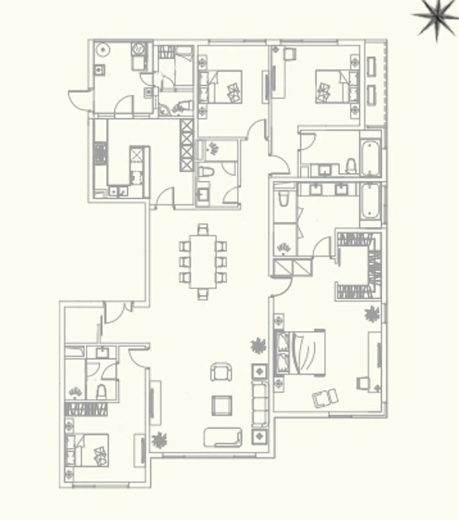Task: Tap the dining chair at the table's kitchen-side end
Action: point(203,229)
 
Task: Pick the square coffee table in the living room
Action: point(221,405)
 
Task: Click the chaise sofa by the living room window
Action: point(223,437)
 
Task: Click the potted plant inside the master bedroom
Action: point(371,315)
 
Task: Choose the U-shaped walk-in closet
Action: point(356,264)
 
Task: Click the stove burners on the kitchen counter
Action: point(100,153)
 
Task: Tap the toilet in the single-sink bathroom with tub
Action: point(351,165)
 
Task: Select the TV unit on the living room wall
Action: point(155,402)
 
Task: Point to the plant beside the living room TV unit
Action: point(158,441)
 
